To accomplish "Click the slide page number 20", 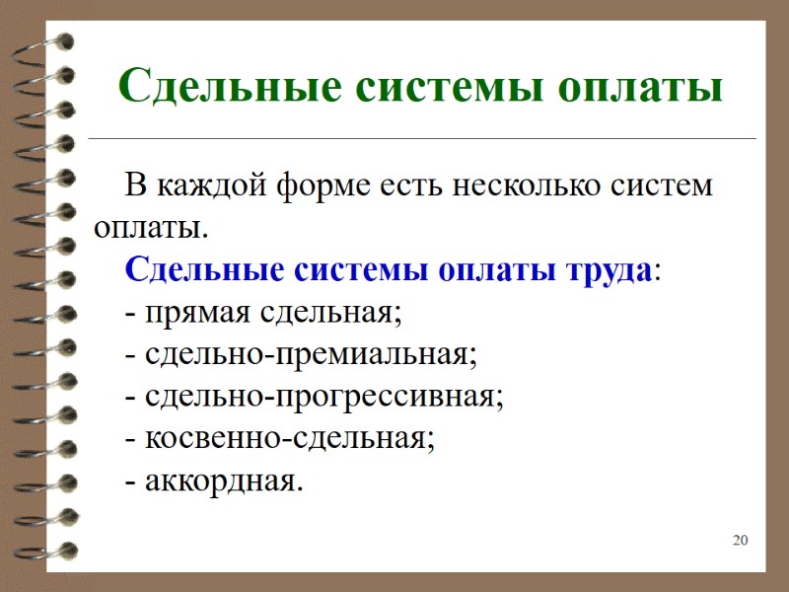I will tap(741, 540).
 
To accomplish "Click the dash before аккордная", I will tap(130, 482).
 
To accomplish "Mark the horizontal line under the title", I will tap(424, 139).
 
